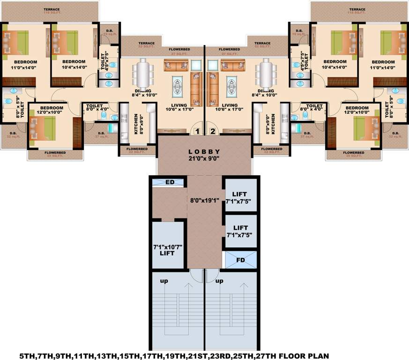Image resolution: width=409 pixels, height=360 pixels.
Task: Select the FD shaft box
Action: click(240, 259)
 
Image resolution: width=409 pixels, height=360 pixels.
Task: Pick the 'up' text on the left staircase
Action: click(164, 282)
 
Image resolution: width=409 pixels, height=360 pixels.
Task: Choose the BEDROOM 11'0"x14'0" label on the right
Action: click(384, 65)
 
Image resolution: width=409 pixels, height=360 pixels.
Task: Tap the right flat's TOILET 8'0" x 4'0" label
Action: click(311, 108)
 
